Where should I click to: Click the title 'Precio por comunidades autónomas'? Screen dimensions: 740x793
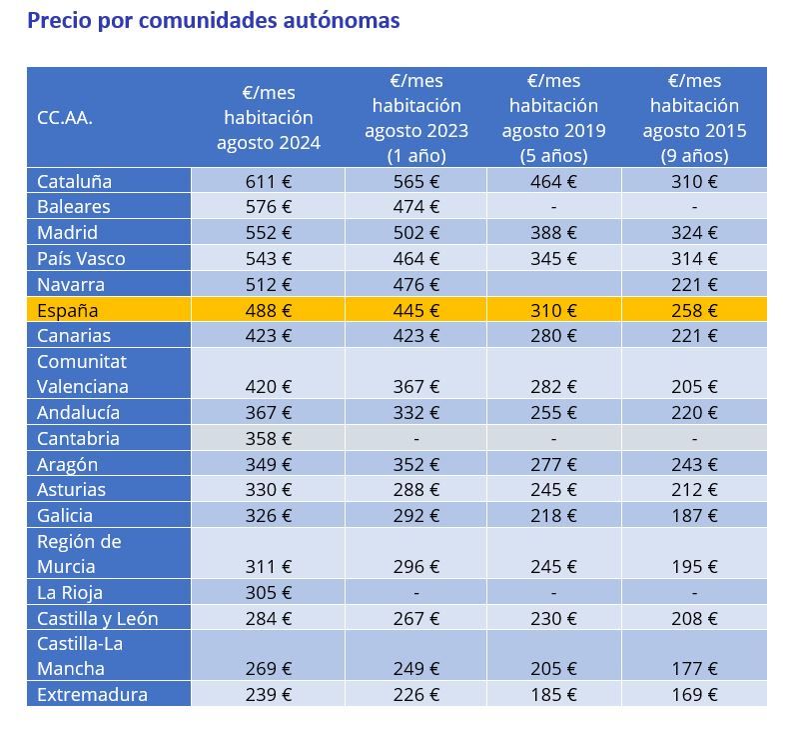click(x=213, y=20)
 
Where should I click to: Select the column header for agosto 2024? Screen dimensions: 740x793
click(x=268, y=118)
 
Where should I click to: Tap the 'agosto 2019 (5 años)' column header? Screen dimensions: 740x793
click(x=553, y=118)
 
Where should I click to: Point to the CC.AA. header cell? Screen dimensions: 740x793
click(x=65, y=118)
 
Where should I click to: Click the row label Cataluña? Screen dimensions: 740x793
click(x=74, y=181)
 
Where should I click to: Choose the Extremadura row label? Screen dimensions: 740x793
click(x=92, y=694)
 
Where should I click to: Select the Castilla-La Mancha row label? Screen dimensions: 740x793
click(x=80, y=656)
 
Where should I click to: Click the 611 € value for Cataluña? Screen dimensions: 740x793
click(x=268, y=181)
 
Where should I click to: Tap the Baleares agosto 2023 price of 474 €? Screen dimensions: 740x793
click(x=415, y=207)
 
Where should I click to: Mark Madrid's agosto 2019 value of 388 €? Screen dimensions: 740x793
click(x=553, y=233)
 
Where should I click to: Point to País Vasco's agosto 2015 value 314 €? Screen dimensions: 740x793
click(x=694, y=259)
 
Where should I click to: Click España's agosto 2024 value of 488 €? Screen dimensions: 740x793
click(x=268, y=310)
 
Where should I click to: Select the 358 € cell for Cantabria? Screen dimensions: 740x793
click(x=268, y=438)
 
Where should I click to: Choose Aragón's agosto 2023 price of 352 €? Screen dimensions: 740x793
click(x=415, y=464)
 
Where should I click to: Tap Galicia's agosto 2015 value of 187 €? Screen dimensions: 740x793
click(x=694, y=516)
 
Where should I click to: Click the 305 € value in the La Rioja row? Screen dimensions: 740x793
click(x=268, y=592)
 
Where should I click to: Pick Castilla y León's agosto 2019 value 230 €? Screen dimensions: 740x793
click(x=553, y=618)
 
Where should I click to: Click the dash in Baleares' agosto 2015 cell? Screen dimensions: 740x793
click(x=694, y=207)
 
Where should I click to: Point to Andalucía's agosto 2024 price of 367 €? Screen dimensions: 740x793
click(x=268, y=412)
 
